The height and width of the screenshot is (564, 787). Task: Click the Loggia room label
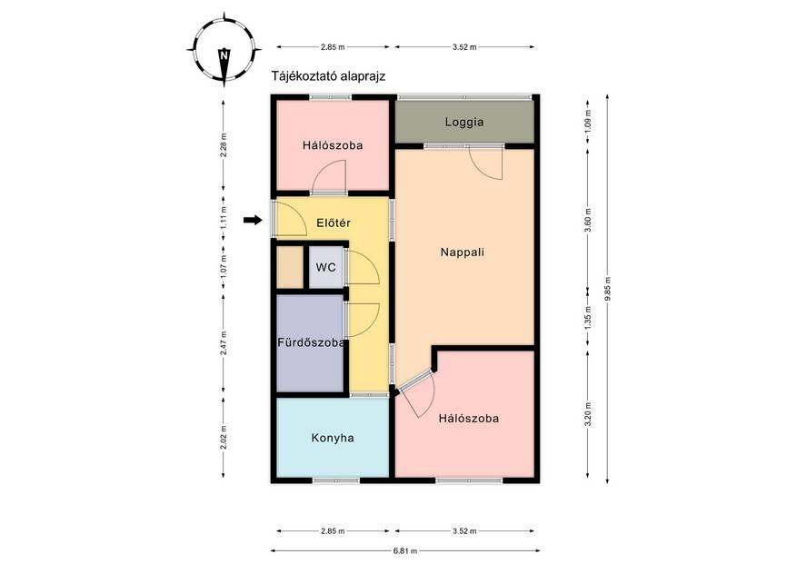coord(464,122)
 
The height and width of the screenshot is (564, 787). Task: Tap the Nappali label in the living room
coord(463,252)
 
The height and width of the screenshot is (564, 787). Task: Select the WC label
coord(325,267)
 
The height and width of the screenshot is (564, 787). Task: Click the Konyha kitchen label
coord(333,438)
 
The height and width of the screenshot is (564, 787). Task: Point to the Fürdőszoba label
coord(311,342)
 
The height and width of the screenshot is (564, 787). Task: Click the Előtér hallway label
coord(334,223)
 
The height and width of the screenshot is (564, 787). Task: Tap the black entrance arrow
coord(253,220)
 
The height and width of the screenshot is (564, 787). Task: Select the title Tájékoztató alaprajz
coord(328,76)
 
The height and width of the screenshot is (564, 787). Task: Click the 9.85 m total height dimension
coord(608,289)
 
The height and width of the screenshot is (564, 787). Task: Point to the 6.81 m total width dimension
coord(405,550)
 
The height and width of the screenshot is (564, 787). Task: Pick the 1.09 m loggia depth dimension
coord(588,121)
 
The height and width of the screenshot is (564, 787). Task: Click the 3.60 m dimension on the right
coord(588,219)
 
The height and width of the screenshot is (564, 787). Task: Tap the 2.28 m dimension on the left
coord(224,145)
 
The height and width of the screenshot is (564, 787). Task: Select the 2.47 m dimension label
coord(224,343)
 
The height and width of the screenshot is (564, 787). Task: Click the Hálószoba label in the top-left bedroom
coord(333,145)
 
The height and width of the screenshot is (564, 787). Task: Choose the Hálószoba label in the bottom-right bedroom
coord(468,419)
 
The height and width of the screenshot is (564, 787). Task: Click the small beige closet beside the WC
coord(290,267)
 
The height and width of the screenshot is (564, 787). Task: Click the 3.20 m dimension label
coord(588,414)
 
